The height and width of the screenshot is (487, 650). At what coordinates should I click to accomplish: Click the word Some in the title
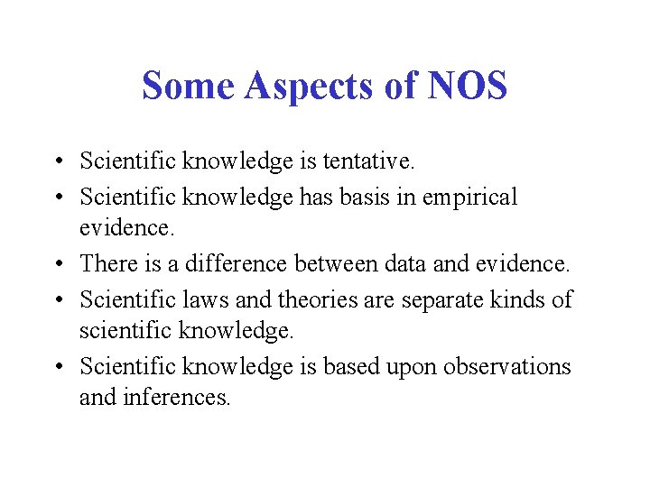(177, 86)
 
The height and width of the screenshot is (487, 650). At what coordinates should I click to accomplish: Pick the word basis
(366, 197)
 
